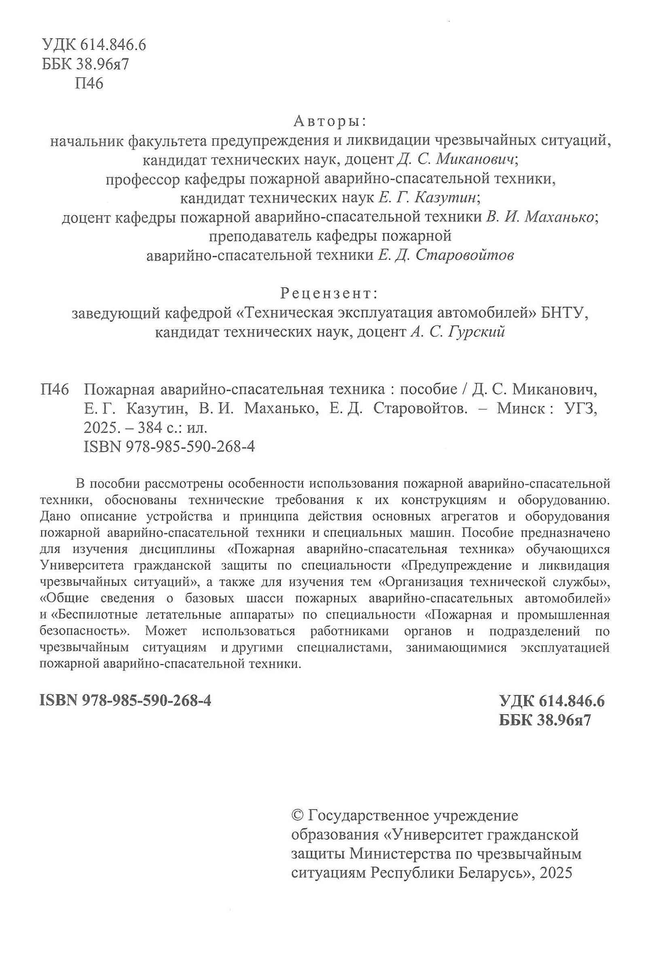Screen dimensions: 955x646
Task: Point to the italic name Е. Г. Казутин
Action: (427, 197)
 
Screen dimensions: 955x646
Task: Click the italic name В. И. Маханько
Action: (540, 216)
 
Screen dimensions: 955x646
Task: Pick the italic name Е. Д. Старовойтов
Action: (446, 255)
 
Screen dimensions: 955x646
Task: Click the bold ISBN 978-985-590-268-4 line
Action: (126, 700)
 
